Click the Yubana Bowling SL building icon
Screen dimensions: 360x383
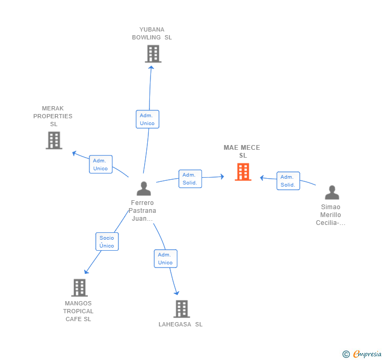click(x=153, y=54)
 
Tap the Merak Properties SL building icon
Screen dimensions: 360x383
click(x=54, y=140)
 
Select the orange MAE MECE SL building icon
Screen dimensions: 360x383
click(x=243, y=172)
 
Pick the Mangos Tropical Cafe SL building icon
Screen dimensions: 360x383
click(x=79, y=287)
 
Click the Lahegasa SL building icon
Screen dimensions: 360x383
click(x=181, y=308)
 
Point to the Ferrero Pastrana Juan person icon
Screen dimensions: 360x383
click(x=144, y=188)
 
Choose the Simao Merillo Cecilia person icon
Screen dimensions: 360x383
click(x=331, y=192)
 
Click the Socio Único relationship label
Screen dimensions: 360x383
click(x=107, y=242)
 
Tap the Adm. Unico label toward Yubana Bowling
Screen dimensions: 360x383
click(x=147, y=119)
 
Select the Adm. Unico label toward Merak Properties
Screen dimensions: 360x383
click(x=100, y=164)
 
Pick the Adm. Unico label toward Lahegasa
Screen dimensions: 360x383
click(x=165, y=259)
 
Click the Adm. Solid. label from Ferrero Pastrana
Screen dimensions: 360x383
click(x=189, y=179)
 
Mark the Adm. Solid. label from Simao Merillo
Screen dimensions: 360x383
click(x=288, y=181)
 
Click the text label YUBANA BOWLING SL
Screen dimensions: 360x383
click(x=152, y=34)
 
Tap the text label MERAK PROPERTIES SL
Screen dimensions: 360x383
click(x=53, y=116)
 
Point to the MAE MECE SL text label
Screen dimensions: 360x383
click(x=242, y=151)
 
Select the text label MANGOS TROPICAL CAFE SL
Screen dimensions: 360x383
click(x=78, y=311)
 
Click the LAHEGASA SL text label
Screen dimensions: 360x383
click(x=180, y=324)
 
